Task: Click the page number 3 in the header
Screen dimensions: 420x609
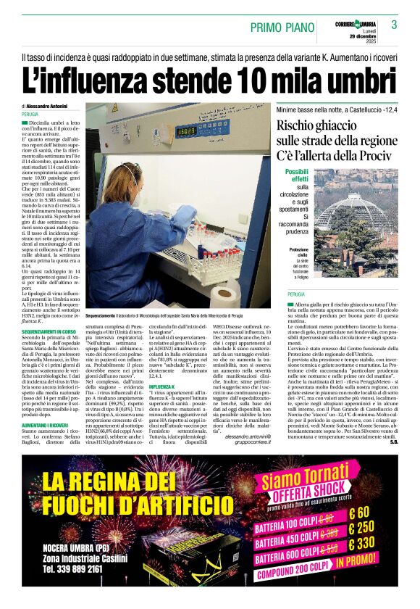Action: point(395,25)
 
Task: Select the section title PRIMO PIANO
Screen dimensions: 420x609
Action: point(278,28)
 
